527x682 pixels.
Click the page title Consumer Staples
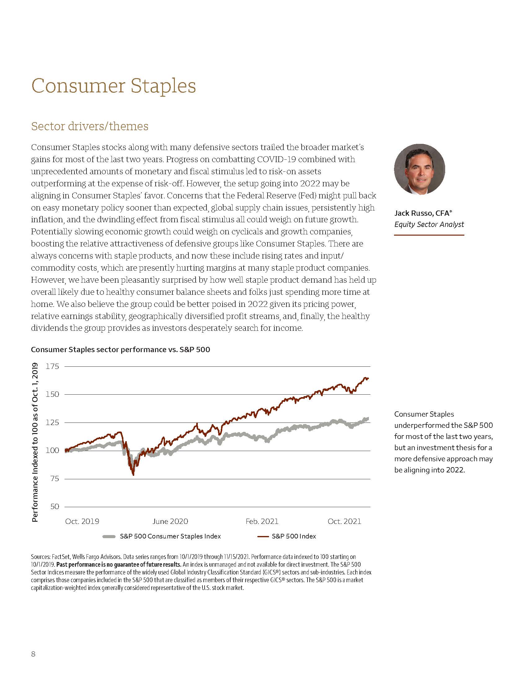click(113, 86)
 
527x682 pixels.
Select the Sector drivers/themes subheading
click(90, 126)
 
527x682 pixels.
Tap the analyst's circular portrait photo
click(419, 169)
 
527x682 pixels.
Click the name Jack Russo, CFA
click(423, 213)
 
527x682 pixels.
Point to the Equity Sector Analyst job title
click(429, 224)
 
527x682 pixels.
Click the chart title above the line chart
click(120, 349)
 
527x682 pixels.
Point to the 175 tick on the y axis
click(52, 366)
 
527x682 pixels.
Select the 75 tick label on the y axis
click(54, 479)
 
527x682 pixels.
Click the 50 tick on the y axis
click(54, 507)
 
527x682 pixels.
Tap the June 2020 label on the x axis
click(170, 521)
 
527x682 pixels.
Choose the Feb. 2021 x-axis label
click(262, 521)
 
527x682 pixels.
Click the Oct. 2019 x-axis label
click(82, 521)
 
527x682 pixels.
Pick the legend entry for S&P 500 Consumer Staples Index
click(170, 536)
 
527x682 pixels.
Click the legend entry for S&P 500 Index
click(294, 536)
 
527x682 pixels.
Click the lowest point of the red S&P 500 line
click(134, 475)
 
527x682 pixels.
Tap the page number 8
click(33, 653)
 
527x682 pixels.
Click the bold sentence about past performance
click(119, 565)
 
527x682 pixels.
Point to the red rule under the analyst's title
click(429, 235)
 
